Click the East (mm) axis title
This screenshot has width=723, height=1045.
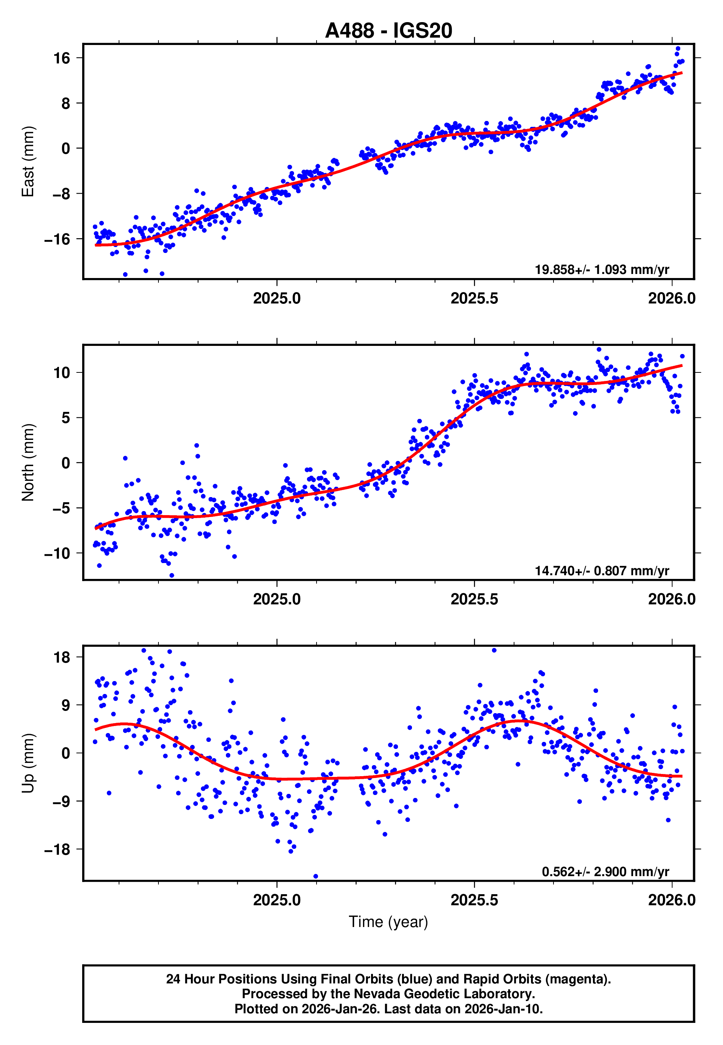click(28, 162)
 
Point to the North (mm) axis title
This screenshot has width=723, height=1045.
click(28, 462)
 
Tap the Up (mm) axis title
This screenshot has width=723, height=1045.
click(28, 763)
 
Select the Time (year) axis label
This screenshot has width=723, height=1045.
click(388, 922)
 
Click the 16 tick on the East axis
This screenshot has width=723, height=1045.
click(62, 58)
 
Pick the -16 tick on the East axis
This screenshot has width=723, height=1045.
click(57, 239)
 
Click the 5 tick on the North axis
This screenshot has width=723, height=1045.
click(66, 417)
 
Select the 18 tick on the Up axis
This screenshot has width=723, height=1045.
click(62, 657)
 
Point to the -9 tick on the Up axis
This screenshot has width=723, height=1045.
click(57, 801)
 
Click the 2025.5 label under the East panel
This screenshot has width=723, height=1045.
click(474, 298)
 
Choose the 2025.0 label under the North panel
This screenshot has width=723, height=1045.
click(276, 599)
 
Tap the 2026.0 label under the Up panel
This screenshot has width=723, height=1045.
click(671, 900)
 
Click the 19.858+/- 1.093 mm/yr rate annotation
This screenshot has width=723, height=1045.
click(602, 270)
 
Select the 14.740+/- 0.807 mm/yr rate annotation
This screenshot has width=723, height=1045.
click(602, 570)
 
